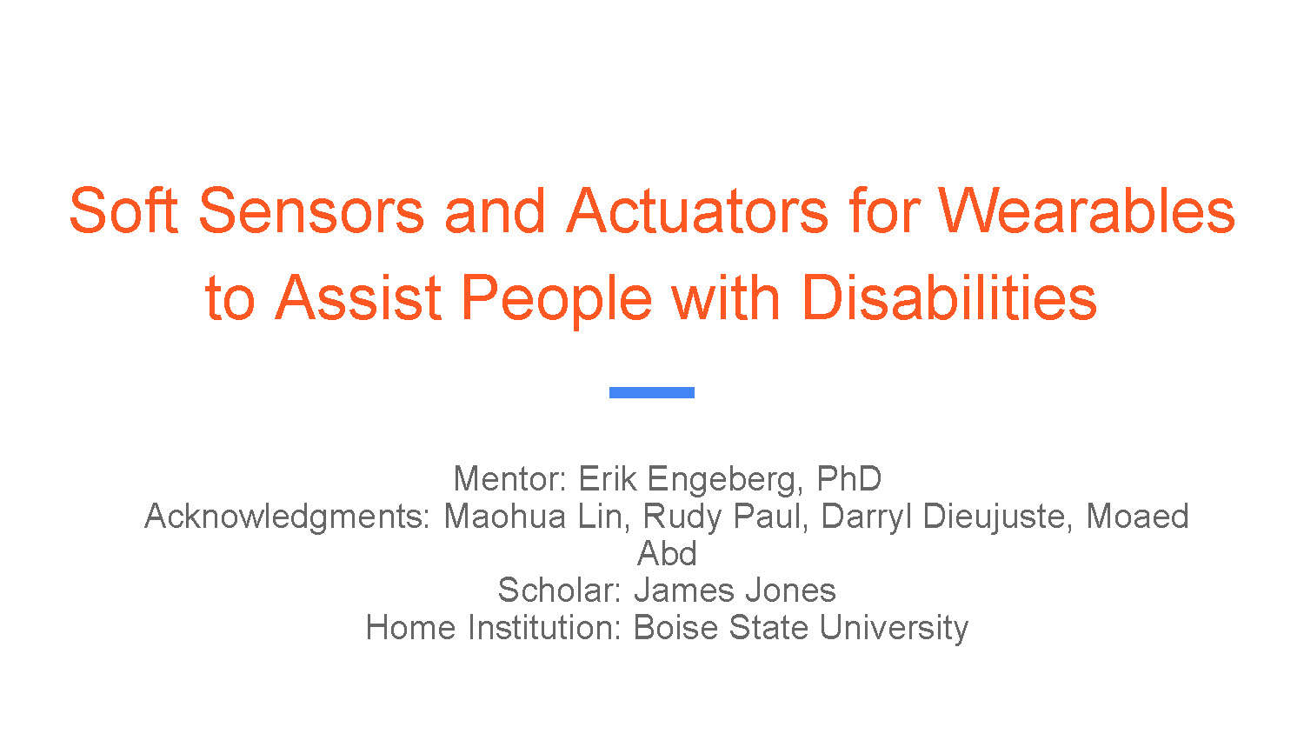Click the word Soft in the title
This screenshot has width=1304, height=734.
tap(123, 210)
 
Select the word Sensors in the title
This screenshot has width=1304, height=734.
tap(311, 210)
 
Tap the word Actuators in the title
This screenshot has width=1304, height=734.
tap(697, 210)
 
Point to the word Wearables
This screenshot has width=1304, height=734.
tap(1087, 210)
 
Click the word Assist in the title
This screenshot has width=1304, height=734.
tap(358, 297)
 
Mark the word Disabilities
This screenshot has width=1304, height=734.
tap(949, 297)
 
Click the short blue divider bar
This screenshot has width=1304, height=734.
tap(652, 392)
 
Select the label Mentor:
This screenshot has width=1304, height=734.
tap(510, 478)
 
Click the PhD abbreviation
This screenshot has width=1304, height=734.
tap(849, 478)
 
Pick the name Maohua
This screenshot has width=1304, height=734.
tap(505, 516)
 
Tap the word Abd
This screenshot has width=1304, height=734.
tap(667, 553)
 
